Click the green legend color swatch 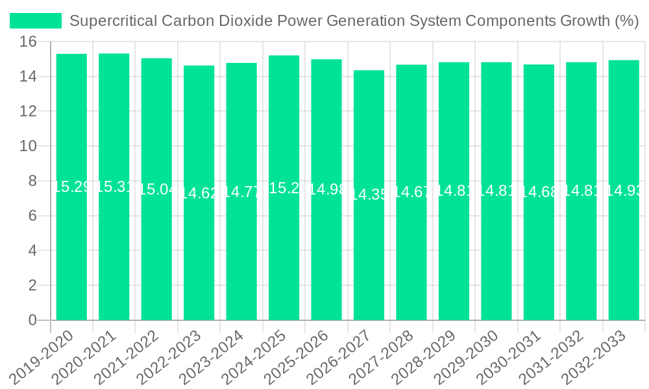point(36,21)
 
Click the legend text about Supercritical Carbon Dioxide point(354,21)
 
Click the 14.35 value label point(369,194)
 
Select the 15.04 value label point(156,189)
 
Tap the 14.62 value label point(199,193)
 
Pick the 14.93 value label point(624,191)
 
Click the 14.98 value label point(326,189)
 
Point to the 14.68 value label point(539,192)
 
